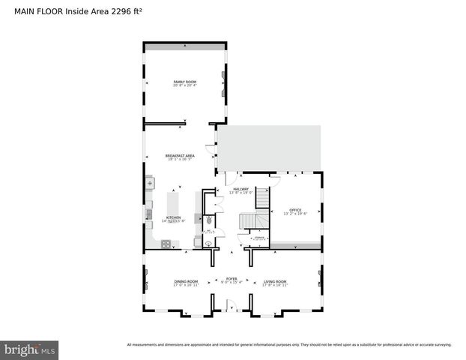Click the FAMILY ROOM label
point(184,81)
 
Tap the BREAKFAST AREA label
point(180,155)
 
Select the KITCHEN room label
point(173,217)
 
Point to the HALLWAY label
point(240,189)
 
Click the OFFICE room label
point(295,210)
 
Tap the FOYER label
point(232,278)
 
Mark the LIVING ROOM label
point(275,281)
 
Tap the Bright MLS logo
point(29,349)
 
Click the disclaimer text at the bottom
point(289,345)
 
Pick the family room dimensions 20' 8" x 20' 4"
point(184,85)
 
